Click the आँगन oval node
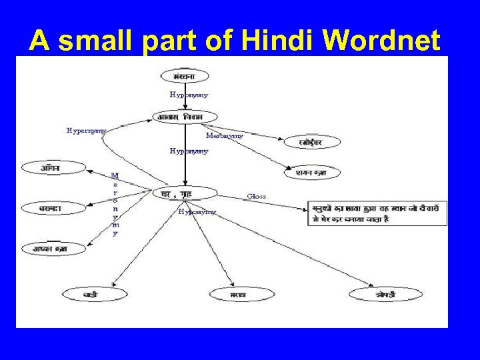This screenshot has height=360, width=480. click(51, 168)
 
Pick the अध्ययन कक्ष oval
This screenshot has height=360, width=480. click(50, 249)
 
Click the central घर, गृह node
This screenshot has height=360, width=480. click(185, 193)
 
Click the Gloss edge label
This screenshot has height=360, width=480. click(256, 196)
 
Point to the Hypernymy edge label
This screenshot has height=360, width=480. click(86, 131)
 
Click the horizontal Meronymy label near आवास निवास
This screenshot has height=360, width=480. click(224, 135)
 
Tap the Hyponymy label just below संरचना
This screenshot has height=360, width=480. click(189, 95)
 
